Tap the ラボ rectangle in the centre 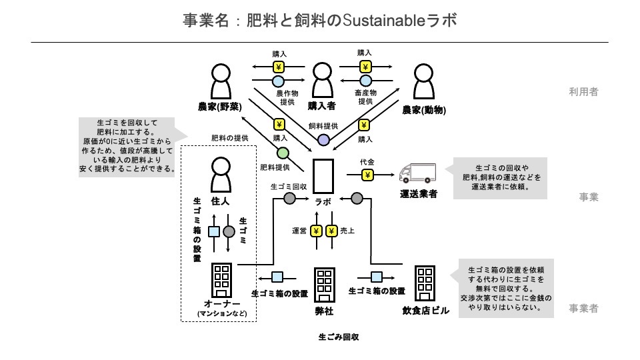pos(324,176)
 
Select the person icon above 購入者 pos(322,81)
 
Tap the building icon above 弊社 pos(324,285)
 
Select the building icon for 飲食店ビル pos(425,283)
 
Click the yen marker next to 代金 pos(367,175)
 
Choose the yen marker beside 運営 pos(316,231)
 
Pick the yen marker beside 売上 pos(331,231)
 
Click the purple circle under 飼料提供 pos(323,139)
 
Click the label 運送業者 pos(419,194)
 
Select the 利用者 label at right pos(583,92)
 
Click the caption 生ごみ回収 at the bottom pos(339,337)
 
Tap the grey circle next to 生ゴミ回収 pos(290,198)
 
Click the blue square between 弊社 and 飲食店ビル pos(377,277)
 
